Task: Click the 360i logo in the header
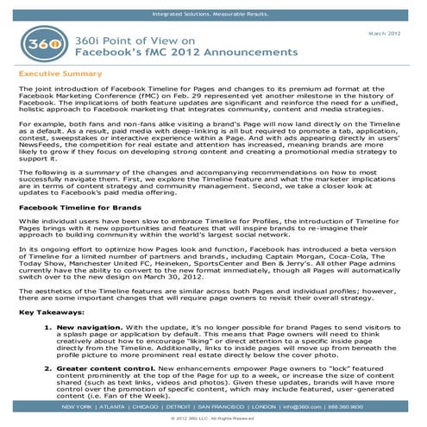38,49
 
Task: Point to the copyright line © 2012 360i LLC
213,418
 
